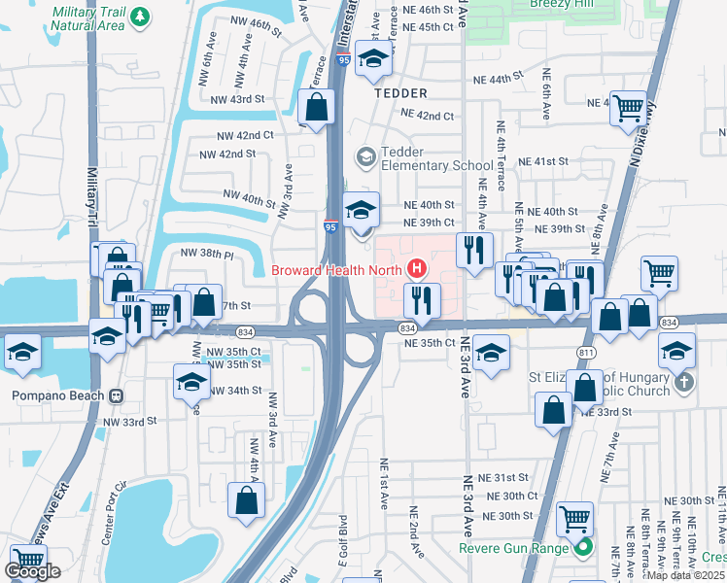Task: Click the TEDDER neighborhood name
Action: point(400,93)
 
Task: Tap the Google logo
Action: point(32,571)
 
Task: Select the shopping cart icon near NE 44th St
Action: point(628,107)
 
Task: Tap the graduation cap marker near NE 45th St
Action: point(372,59)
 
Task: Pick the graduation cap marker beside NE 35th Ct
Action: point(492,354)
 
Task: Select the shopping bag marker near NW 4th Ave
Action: point(247,500)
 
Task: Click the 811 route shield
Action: point(585,351)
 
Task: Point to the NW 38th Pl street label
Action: point(208,254)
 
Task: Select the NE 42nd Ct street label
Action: point(428,116)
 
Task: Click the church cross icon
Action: point(683,382)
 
